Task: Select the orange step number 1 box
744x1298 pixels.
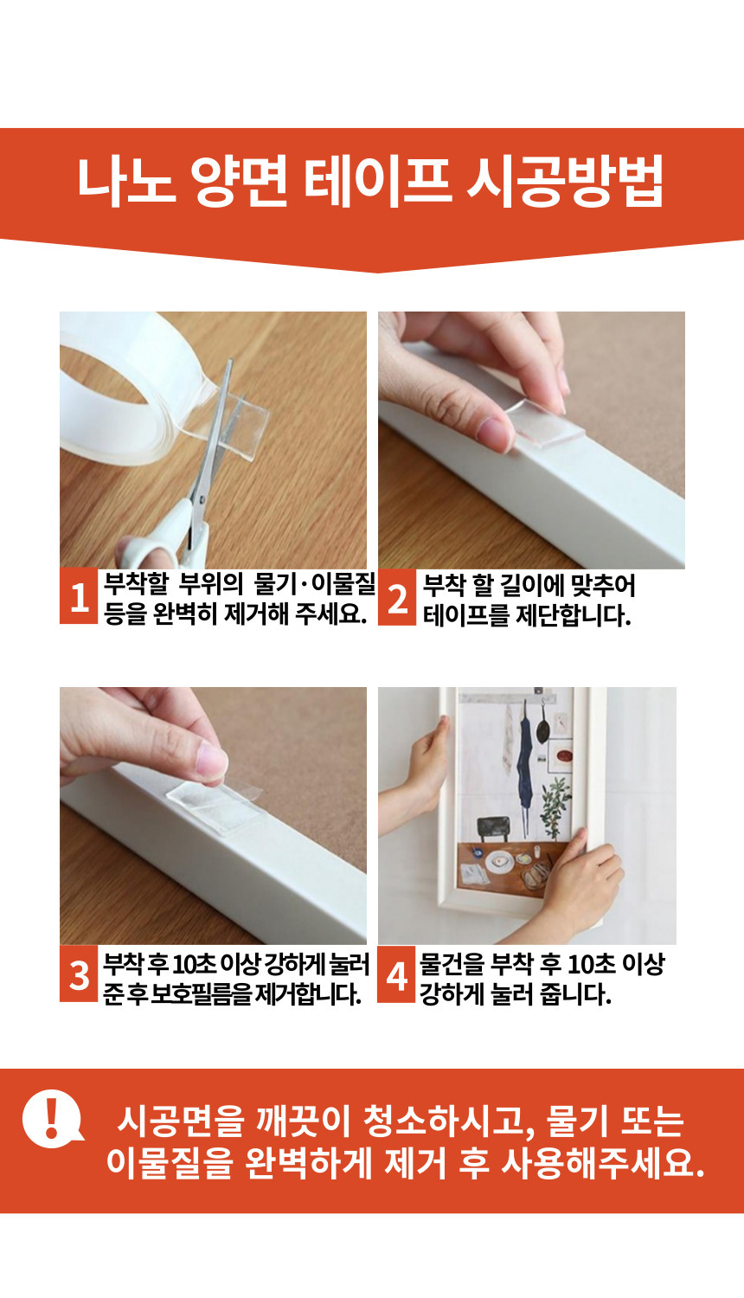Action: coord(79,596)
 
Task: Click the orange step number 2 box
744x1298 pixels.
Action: coord(397,597)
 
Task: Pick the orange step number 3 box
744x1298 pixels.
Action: coord(79,974)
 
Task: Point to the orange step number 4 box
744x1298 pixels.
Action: coord(396,974)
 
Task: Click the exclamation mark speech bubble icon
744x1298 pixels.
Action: coord(52,1119)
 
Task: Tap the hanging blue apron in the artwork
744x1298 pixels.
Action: coord(525,759)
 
